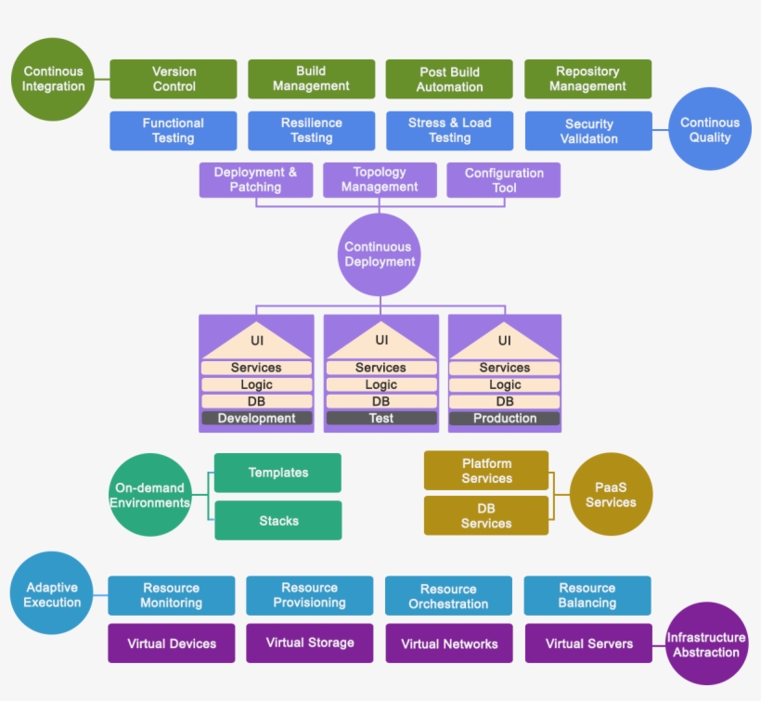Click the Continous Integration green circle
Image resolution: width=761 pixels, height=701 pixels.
click(x=53, y=79)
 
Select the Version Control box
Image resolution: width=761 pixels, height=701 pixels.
click(x=174, y=79)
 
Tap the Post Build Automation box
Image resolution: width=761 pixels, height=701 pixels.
click(x=449, y=79)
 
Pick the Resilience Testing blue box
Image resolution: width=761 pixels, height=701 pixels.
click(x=311, y=131)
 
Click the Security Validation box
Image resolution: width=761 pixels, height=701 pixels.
click(x=588, y=131)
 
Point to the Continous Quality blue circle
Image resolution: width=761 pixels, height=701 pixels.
click(x=710, y=130)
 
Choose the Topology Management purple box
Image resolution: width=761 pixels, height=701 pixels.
click(x=380, y=180)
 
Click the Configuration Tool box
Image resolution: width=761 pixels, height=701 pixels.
click(x=504, y=180)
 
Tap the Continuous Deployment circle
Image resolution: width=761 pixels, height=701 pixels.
click(x=379, y=254)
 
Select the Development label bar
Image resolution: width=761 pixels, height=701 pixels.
click(x=256, y=419)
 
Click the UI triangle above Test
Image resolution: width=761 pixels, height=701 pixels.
click(x=381, y=342)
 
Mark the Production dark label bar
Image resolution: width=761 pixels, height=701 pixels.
click(x=504, y=419)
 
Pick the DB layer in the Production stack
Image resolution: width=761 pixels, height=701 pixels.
click(x=504, y=402)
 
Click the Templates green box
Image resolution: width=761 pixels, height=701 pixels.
click(x=277, y=473)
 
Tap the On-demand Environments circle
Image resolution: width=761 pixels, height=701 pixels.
click(x=149, y=495)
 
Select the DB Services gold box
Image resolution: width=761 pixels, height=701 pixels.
click(x=486, y=515)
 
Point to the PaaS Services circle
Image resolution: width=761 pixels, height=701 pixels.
click(x=611, y=494)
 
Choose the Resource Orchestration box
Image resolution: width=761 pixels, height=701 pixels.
click(x=448, y=596)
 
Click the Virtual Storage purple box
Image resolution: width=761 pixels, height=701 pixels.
click(x=310, y=643)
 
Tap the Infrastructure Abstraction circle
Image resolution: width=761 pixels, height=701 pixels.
click(x=706, y=644)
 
